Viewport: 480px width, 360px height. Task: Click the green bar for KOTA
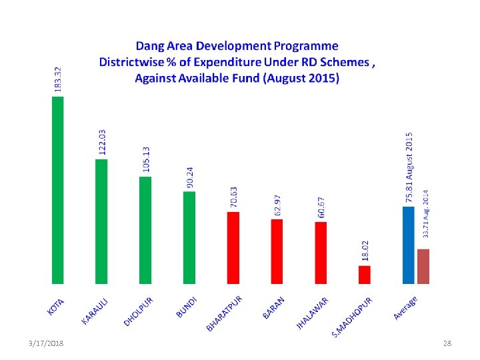(58, 190)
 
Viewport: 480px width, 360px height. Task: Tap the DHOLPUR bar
(145, 230)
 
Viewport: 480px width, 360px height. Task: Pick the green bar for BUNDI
(189, 237)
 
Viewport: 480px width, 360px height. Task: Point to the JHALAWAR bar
(321, 253)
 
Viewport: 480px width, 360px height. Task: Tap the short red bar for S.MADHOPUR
(364, 275)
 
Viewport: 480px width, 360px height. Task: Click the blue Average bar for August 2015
(409, 245)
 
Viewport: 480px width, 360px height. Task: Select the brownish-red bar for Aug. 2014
(423, 266)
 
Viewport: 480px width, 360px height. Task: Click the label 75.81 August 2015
(409, 167)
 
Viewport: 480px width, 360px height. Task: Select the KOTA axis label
(56, 305)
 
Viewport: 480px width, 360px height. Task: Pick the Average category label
(405, 307)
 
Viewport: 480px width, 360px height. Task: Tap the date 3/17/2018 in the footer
(46, 343)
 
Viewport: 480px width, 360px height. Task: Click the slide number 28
(447, 343)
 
